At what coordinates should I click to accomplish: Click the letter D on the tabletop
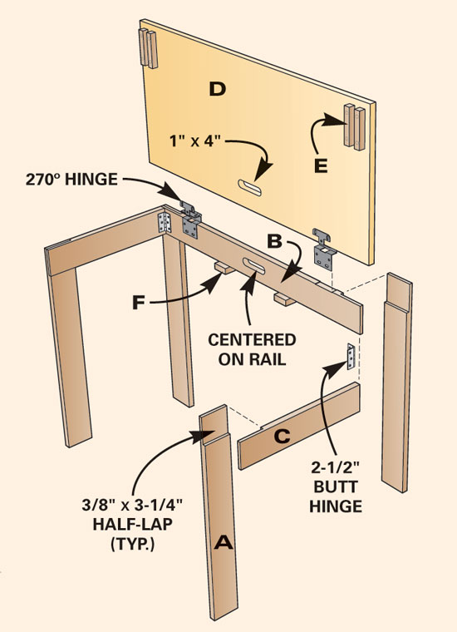[218, 89]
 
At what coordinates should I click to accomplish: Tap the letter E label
[321, 165]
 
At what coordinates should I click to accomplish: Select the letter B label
[275, 240]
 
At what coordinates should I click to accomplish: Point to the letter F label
[138, 303]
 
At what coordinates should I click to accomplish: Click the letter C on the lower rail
[283, 436]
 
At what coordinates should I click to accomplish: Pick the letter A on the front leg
[224, 542]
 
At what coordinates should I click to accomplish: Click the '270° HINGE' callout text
[71, 180]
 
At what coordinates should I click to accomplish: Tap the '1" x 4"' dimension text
[196, 141]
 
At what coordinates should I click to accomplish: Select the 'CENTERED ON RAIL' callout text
[252, 349]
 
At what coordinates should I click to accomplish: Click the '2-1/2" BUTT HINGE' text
[336, 487]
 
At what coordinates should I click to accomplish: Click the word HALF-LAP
[132, 524]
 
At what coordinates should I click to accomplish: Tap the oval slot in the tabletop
[249, 188]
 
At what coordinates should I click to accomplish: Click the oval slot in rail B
[253, 265]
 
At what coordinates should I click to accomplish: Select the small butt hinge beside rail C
[351, 356]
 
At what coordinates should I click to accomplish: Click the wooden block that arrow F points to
[224, 267]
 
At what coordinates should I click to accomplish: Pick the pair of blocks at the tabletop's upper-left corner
[148, 49]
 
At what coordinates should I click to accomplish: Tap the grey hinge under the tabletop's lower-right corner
[324, 249]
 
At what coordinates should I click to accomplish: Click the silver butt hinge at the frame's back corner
[165, 223]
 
